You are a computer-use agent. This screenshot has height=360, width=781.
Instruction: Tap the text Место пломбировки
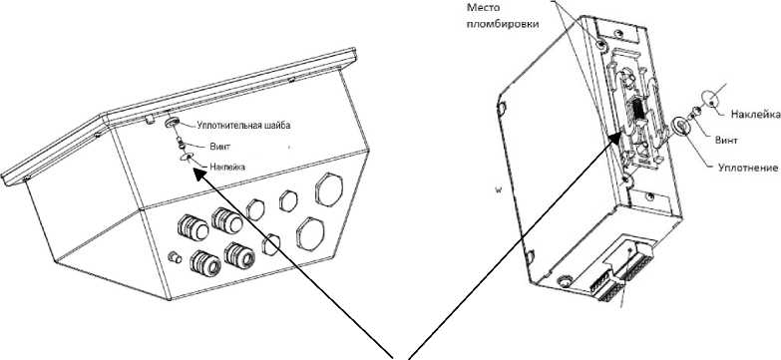click(503, 15)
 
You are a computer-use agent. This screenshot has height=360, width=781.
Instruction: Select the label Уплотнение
click(748, 169)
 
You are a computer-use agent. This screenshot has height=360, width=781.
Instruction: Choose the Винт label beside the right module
click(726, 141)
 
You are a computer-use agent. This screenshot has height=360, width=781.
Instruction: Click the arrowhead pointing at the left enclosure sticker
click(199, 174)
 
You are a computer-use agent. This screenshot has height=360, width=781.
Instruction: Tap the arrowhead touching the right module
click(616, 138)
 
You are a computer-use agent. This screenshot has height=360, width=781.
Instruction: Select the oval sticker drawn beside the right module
click(713, 100)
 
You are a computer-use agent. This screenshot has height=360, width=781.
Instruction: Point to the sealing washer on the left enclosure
click(172, 122)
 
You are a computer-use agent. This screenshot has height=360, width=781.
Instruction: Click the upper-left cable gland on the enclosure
click(193, 227)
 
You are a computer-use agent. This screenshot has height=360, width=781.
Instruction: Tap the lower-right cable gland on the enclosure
click(240, 256)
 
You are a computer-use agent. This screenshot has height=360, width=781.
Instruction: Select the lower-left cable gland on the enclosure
click(205, 262)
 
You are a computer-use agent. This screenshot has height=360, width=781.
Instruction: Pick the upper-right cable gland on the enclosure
click(226, 220)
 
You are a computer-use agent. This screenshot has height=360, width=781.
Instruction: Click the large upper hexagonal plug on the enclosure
click(329, 188)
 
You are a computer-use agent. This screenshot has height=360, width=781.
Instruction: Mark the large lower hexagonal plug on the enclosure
click(310, 233)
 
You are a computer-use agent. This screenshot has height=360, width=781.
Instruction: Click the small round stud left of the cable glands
click(175, 257)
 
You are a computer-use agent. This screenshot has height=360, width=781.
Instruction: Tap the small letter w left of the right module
click(497, 190)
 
